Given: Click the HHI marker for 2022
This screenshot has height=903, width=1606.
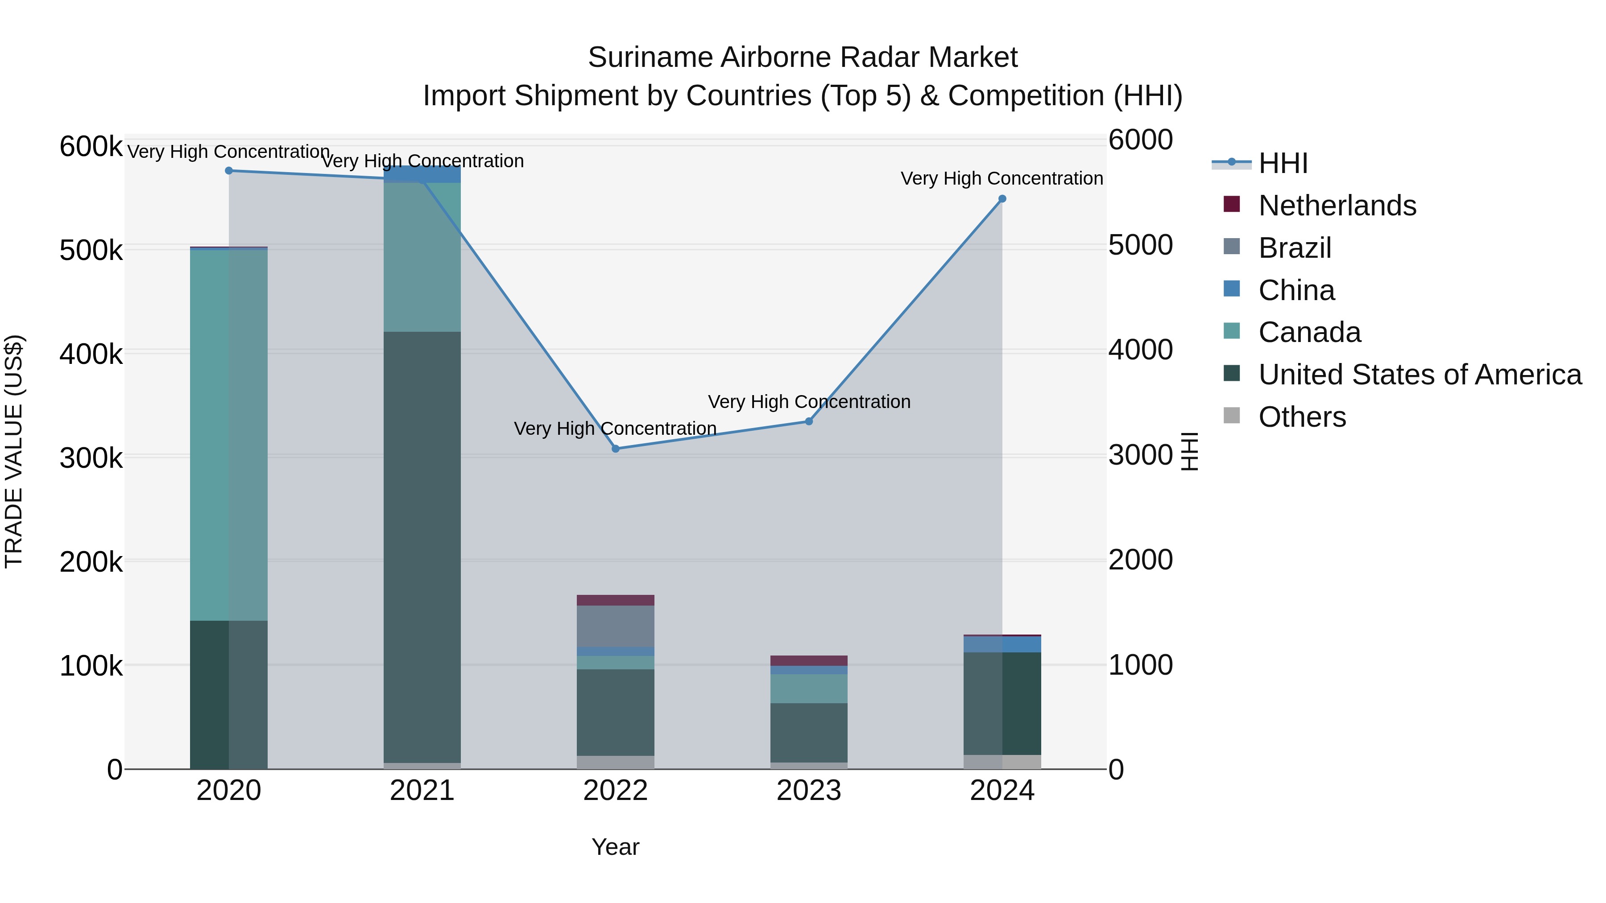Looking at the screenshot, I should (x=615, y=449).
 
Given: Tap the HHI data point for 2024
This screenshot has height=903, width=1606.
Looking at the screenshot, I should (x=1002, y=199).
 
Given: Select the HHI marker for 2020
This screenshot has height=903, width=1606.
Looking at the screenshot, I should (x=229, y=171).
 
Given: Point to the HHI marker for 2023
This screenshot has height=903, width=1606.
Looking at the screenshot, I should (x=809, y=421).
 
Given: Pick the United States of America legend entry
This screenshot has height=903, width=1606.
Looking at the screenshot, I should (x=1420, y=375).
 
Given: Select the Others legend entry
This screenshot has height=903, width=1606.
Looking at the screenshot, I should (x=1302, y=417).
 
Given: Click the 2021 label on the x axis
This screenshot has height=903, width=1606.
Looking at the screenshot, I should (x=422, y=791).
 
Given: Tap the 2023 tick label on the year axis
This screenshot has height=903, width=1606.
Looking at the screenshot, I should (x=809, y=791).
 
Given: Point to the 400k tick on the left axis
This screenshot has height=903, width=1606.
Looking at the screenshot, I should (x=91, y=354).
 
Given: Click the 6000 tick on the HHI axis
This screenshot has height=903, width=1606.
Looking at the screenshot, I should (x=1140, y=140).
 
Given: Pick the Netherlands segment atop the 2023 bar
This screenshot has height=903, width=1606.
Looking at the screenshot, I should (x=809, y=660).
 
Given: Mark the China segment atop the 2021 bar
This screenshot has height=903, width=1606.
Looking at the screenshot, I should (x=422, y=174).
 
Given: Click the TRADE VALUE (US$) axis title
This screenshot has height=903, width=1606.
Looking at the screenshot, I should (x=14, y=451).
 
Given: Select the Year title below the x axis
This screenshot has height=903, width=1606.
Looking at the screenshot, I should (x=615, y=847).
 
